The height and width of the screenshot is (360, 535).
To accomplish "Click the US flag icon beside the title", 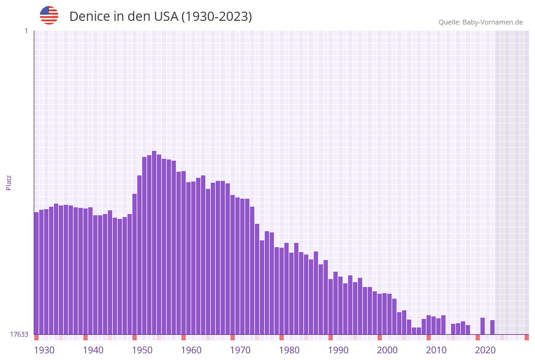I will [x=49, y=15].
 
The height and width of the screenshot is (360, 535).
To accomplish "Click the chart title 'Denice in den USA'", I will [x=161, y=17].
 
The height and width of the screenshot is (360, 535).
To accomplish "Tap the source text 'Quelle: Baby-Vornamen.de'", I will [x=480, y=22].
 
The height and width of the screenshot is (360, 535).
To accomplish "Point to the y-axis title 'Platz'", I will [x=9, y=182].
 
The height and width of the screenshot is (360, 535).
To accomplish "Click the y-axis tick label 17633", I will [x=19, y=334].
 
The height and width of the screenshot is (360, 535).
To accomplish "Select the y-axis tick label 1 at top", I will [x=26, y=31].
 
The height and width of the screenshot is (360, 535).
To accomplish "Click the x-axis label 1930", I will [x=44, y=350].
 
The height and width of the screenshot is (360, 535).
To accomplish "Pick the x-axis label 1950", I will [x=142, y=350].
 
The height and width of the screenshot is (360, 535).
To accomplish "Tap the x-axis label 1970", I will [x=240, y=350].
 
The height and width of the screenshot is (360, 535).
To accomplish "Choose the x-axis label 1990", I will [x=338, y=350].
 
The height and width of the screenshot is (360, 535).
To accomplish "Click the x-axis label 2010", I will [x=436, y=350].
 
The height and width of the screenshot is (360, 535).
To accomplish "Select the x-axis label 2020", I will [x=485, y=350].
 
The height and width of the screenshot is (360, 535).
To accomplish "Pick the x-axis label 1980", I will [x=289, y=350].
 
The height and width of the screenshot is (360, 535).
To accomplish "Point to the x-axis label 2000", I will [x=387, y=350].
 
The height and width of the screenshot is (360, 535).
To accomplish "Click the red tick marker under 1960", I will [x=183, y=337].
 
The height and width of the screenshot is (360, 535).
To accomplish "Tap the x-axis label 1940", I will [x=93, y=350].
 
